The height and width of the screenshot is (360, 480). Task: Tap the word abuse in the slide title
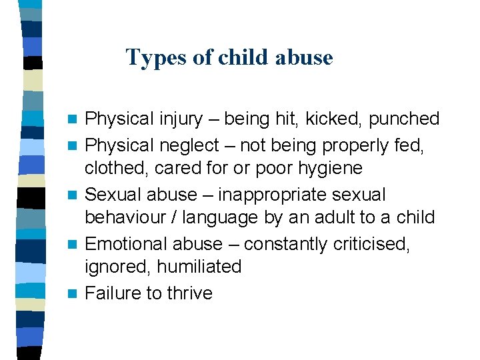click(x=306, y=57)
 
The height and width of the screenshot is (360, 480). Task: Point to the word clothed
click(x=117, y=168)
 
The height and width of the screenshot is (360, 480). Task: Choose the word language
click(x=225, y=218)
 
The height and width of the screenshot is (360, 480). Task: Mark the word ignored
click(x=117, y=267)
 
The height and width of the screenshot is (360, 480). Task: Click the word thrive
click(x=185, y=293)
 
